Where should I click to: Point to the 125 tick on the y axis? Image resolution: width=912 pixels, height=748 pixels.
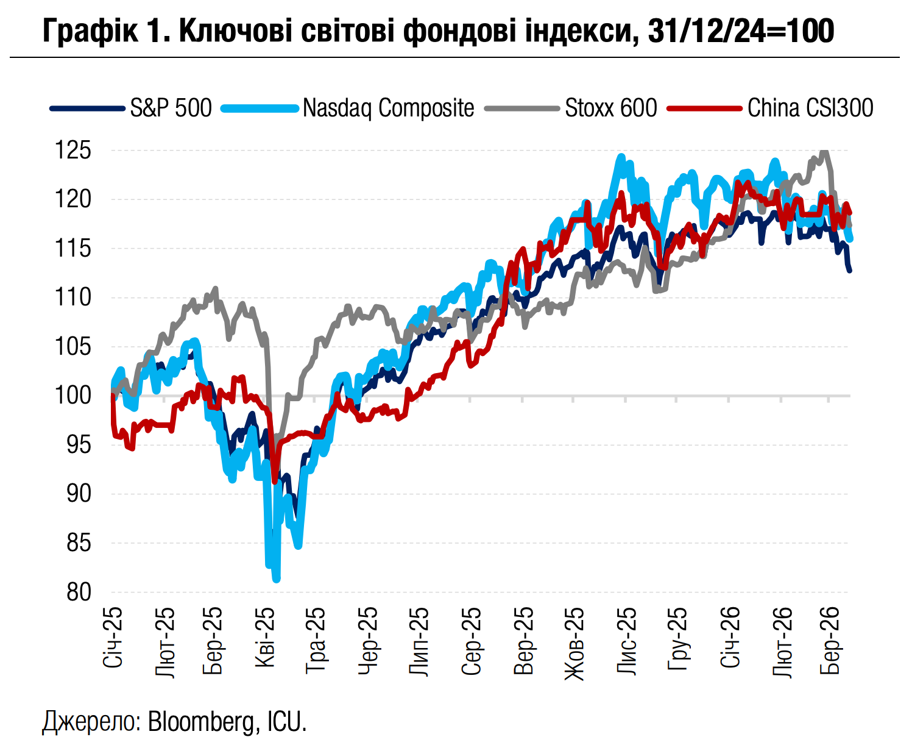(73, 150)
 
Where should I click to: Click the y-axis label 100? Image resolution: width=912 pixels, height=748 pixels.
(73, 395)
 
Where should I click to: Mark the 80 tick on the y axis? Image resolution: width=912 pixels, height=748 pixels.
(79, 591)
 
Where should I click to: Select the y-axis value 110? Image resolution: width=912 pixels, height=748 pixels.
(73, 297)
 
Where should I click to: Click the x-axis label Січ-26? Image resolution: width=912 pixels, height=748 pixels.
(730, 636)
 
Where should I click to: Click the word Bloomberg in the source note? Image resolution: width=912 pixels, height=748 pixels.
(200, 722)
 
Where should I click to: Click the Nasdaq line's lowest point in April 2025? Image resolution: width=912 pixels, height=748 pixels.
(277, 579)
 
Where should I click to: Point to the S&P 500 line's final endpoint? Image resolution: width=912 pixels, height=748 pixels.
(849, 270)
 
